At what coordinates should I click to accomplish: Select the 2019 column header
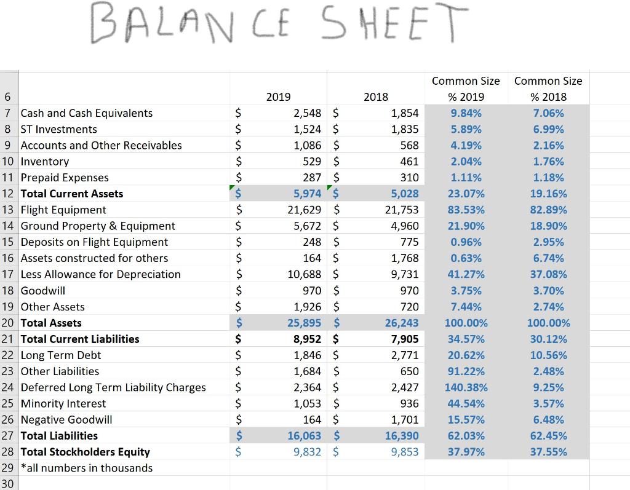click(278, 97)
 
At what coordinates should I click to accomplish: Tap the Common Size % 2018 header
click(548, 89)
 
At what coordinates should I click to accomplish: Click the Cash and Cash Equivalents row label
click(87, 113)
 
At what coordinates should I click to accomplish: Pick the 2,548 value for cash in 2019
click(307, 113)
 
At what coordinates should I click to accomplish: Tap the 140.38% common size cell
click(466, 387)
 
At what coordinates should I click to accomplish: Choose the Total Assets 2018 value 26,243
click(401, 323)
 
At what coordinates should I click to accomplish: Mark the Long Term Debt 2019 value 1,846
click(307, 355)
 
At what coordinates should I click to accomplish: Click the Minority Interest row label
click(63, 403)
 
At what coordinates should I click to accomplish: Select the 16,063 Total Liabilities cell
click(305, 436)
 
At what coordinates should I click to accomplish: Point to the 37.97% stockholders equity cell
click(466, 452)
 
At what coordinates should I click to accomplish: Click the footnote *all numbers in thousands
click(87, 468)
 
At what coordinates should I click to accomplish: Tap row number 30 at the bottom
click(8, 484)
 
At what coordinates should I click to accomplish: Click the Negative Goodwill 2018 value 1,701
click(404, 420)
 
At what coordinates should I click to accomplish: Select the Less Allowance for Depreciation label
click(101, 274)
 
